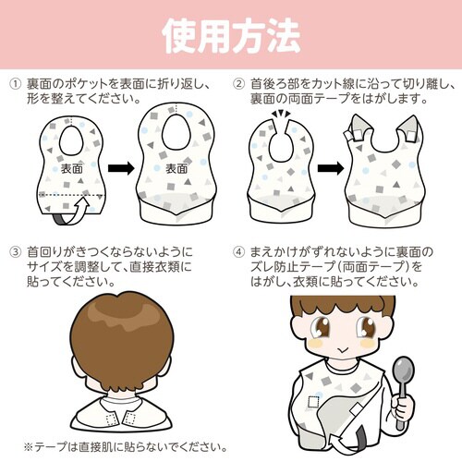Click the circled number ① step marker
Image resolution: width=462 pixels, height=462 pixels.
pos(16,83)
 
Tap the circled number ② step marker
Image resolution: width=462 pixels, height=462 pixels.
pos(239,83)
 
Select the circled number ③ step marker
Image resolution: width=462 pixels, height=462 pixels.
pos(16,250)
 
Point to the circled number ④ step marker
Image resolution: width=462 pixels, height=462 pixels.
pos(239,250)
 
